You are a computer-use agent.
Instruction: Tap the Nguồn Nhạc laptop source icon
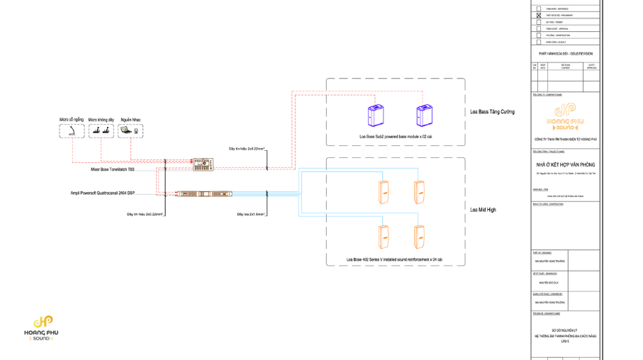tap(130, 132)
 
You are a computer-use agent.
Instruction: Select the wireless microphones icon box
tap(101, 132)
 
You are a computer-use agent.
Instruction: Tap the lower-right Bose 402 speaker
tap(420, 237)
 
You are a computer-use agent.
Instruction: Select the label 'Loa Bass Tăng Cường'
tap(492, 112)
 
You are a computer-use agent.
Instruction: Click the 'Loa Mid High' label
tap(483, 210)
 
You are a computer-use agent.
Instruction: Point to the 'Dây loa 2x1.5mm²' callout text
tap(251, 213)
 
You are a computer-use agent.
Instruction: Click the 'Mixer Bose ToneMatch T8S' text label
tap(112, 170)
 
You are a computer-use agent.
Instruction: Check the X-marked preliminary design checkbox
tap(539, 15)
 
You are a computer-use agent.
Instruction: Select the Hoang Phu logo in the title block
tap(565, 117)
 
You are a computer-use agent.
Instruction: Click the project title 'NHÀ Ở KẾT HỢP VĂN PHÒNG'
tap(565, 164)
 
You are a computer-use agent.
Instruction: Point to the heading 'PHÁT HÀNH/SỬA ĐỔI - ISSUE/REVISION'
tap(565, 54)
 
